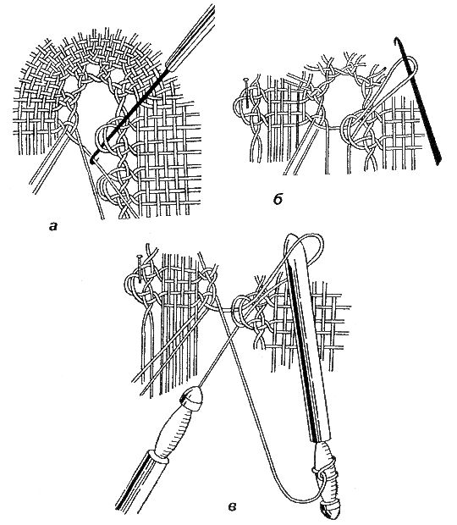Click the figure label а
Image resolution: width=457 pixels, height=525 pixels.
coord(53,227)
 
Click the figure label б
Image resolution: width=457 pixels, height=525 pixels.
coord(278,200)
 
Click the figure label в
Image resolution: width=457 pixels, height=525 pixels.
coord(232,506)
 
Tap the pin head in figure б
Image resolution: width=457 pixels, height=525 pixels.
coord(246,80)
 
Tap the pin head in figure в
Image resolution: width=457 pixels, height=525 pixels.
coord(140,257)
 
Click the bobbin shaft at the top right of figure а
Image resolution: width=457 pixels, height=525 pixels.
coord(191,36)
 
